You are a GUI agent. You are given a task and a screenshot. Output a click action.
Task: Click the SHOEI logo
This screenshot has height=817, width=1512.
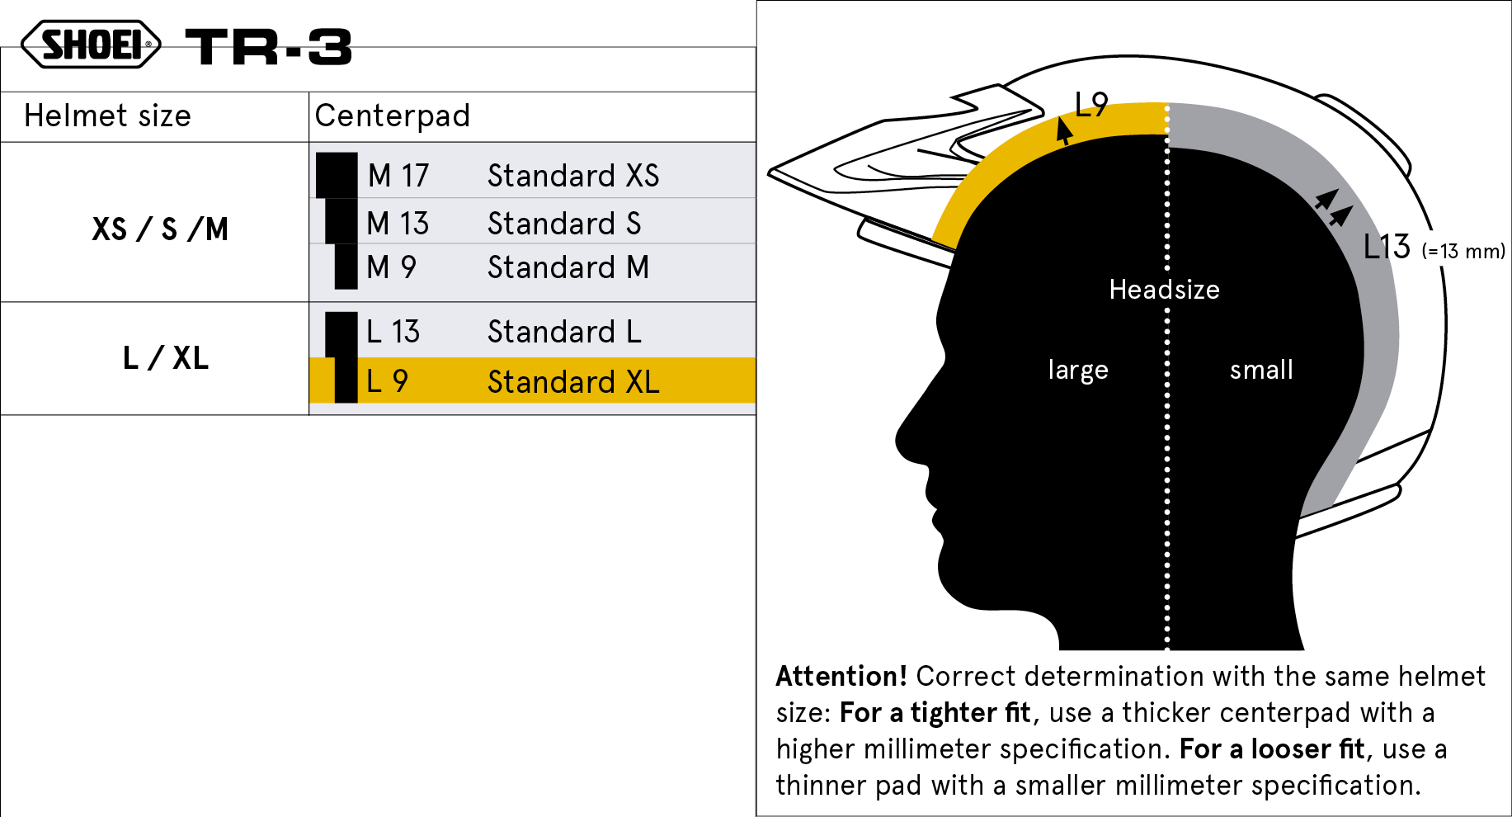tap(91, 45)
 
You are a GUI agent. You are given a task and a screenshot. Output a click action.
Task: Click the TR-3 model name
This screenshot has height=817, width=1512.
tap(269, 46)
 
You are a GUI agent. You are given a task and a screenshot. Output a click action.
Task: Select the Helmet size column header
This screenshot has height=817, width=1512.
tap(107, 116)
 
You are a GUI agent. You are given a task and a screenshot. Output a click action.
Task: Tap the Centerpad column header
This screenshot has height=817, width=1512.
tap(392, 116)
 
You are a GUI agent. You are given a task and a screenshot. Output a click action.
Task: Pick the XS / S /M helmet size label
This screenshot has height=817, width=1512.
tap(160, 229)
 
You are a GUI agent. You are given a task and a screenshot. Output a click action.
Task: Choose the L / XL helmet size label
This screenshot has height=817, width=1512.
tap(165, 358)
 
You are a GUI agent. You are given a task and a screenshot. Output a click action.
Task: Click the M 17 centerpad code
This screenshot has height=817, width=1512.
tap(398, 175)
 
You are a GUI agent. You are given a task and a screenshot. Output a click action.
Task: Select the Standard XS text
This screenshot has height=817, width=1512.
tap(573, 175)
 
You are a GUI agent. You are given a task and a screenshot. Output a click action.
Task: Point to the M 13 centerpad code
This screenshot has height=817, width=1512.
tap(398, 223)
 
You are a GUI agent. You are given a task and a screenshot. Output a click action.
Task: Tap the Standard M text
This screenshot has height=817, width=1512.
tap(568, 267)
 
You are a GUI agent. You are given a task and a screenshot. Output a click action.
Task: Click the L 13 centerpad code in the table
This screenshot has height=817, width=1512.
tap(393, 332)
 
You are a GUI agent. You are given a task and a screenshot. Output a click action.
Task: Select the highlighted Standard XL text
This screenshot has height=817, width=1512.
tap(573, 381)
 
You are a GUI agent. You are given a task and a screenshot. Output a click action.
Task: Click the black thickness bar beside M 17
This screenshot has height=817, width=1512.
tap(337, 175)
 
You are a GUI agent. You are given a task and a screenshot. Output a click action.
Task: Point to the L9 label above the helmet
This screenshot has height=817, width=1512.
tap(1091, 105)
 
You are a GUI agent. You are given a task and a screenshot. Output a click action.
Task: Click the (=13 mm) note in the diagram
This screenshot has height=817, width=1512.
tap(1463, 251)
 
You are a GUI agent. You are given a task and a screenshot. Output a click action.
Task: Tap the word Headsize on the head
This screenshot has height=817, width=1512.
tap(1164, 290)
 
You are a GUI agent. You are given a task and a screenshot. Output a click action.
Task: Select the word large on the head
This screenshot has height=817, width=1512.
tap(1077, 370)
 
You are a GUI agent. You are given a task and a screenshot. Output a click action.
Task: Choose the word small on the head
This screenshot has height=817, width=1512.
tap(1261, 370)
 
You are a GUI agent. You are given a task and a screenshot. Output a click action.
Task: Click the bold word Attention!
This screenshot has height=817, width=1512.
tap(841, 676)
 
